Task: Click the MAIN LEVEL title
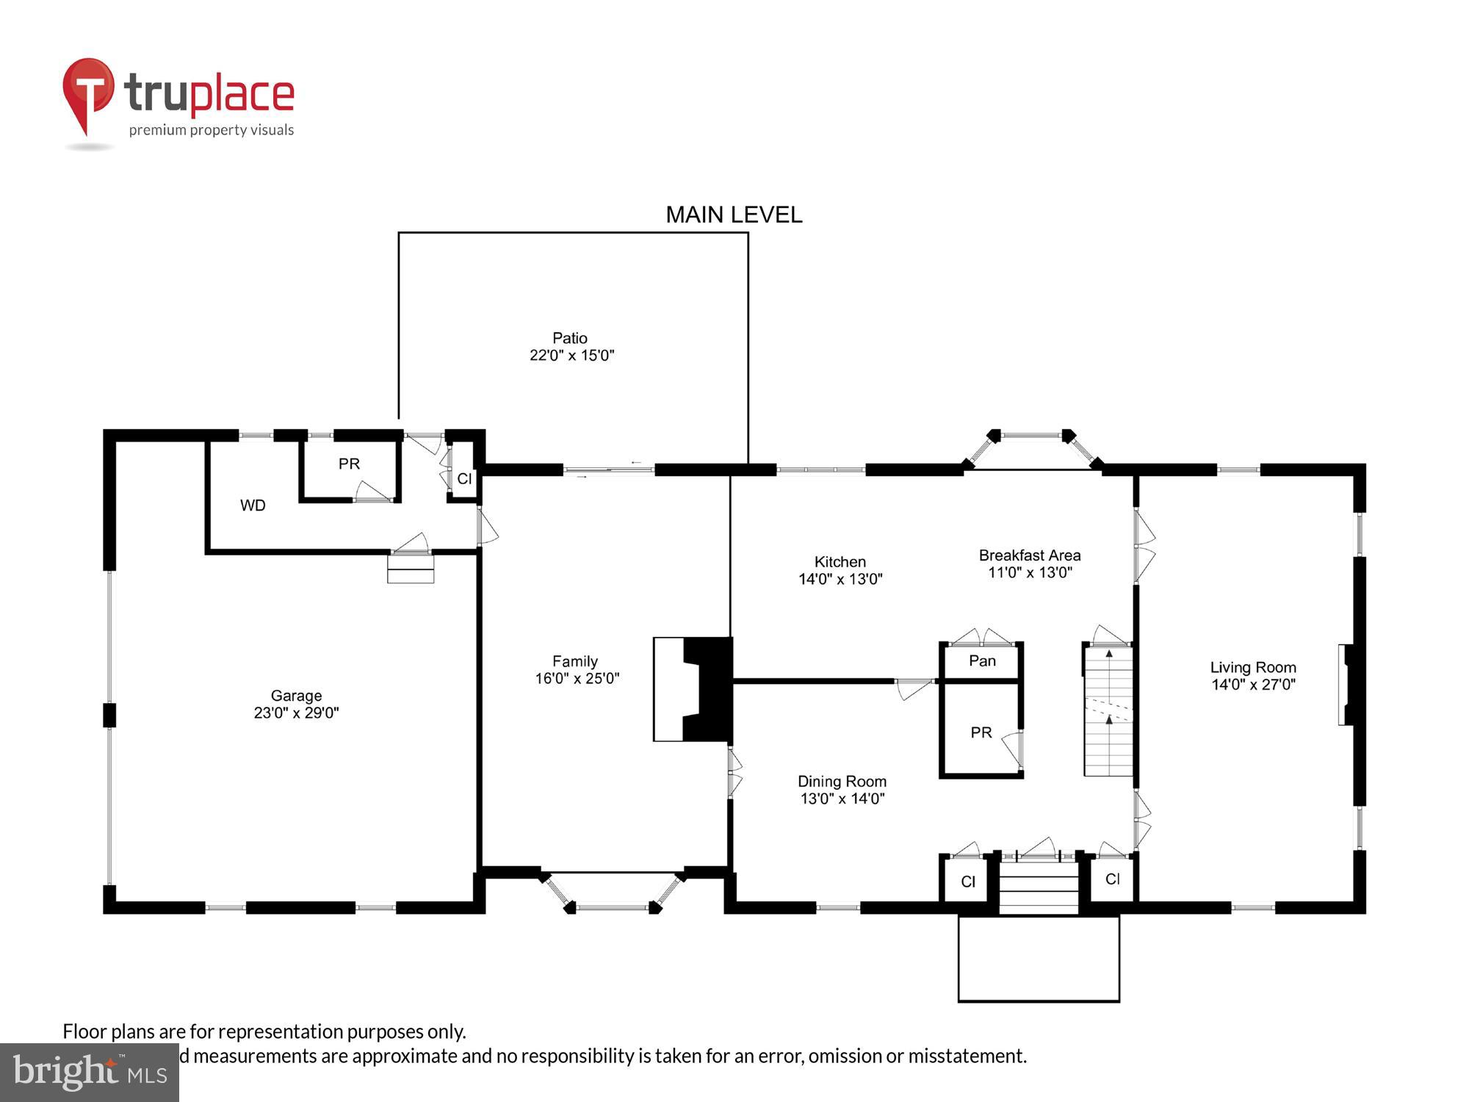pyautogui.click(x=733, y=215)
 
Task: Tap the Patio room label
pyautogui.click(x=570, y=338)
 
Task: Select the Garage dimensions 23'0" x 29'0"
pyautogui.click(x=296, y=713)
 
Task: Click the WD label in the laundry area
pyautogui.click(x=253, y=505)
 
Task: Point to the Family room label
pyautogui.click(x=575, y=661)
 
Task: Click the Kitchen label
pyautogui.click(x=840, y=562)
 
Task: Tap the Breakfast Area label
pyautogui.click(x=1029, y=555)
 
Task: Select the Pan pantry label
pyautogui.click(x=982, y=661)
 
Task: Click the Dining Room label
pyautogui.click(x=842, y=782)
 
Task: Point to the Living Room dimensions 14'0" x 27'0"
pyautogui.click(x=1253, y=685)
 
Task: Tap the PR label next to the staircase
pyautogui.click(x=981, y=732)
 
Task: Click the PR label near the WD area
pyautogui.click(x=349, y=464)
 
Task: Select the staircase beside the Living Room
pyautogui.click(x=1108, y=713)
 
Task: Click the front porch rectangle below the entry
pyautogui.click(x=1038, y=958)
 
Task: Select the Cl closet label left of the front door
pyautogui.click(x=968, y=882)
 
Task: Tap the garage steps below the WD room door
pyautogui.click(x=411, y=569)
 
